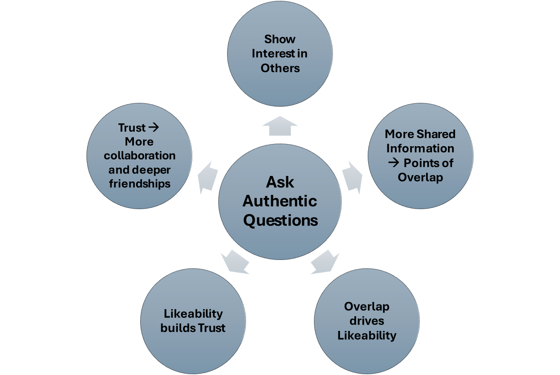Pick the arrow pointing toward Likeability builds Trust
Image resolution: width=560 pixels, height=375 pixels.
point(235,262)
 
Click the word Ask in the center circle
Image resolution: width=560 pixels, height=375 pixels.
point(280,182)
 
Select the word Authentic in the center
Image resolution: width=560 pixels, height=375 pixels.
point(280,201)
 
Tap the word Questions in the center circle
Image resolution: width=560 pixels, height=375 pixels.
point(280,220)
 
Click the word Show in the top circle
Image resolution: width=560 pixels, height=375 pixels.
point(280,39)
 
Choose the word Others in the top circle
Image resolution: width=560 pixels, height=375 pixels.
point(280,68)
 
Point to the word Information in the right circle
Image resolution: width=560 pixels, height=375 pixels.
point(420,148)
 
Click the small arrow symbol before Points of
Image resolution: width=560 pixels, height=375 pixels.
point(393,163)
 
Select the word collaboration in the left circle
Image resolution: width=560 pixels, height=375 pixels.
point(140,155)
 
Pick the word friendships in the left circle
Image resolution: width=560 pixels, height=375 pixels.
point(140,184)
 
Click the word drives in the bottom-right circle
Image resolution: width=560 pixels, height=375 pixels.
point(367,321)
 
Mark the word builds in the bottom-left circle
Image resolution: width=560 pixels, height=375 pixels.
point(175,328)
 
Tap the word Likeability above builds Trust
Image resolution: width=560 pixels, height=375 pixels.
point(193,314)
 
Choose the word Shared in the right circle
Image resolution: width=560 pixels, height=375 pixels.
point(436,134)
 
